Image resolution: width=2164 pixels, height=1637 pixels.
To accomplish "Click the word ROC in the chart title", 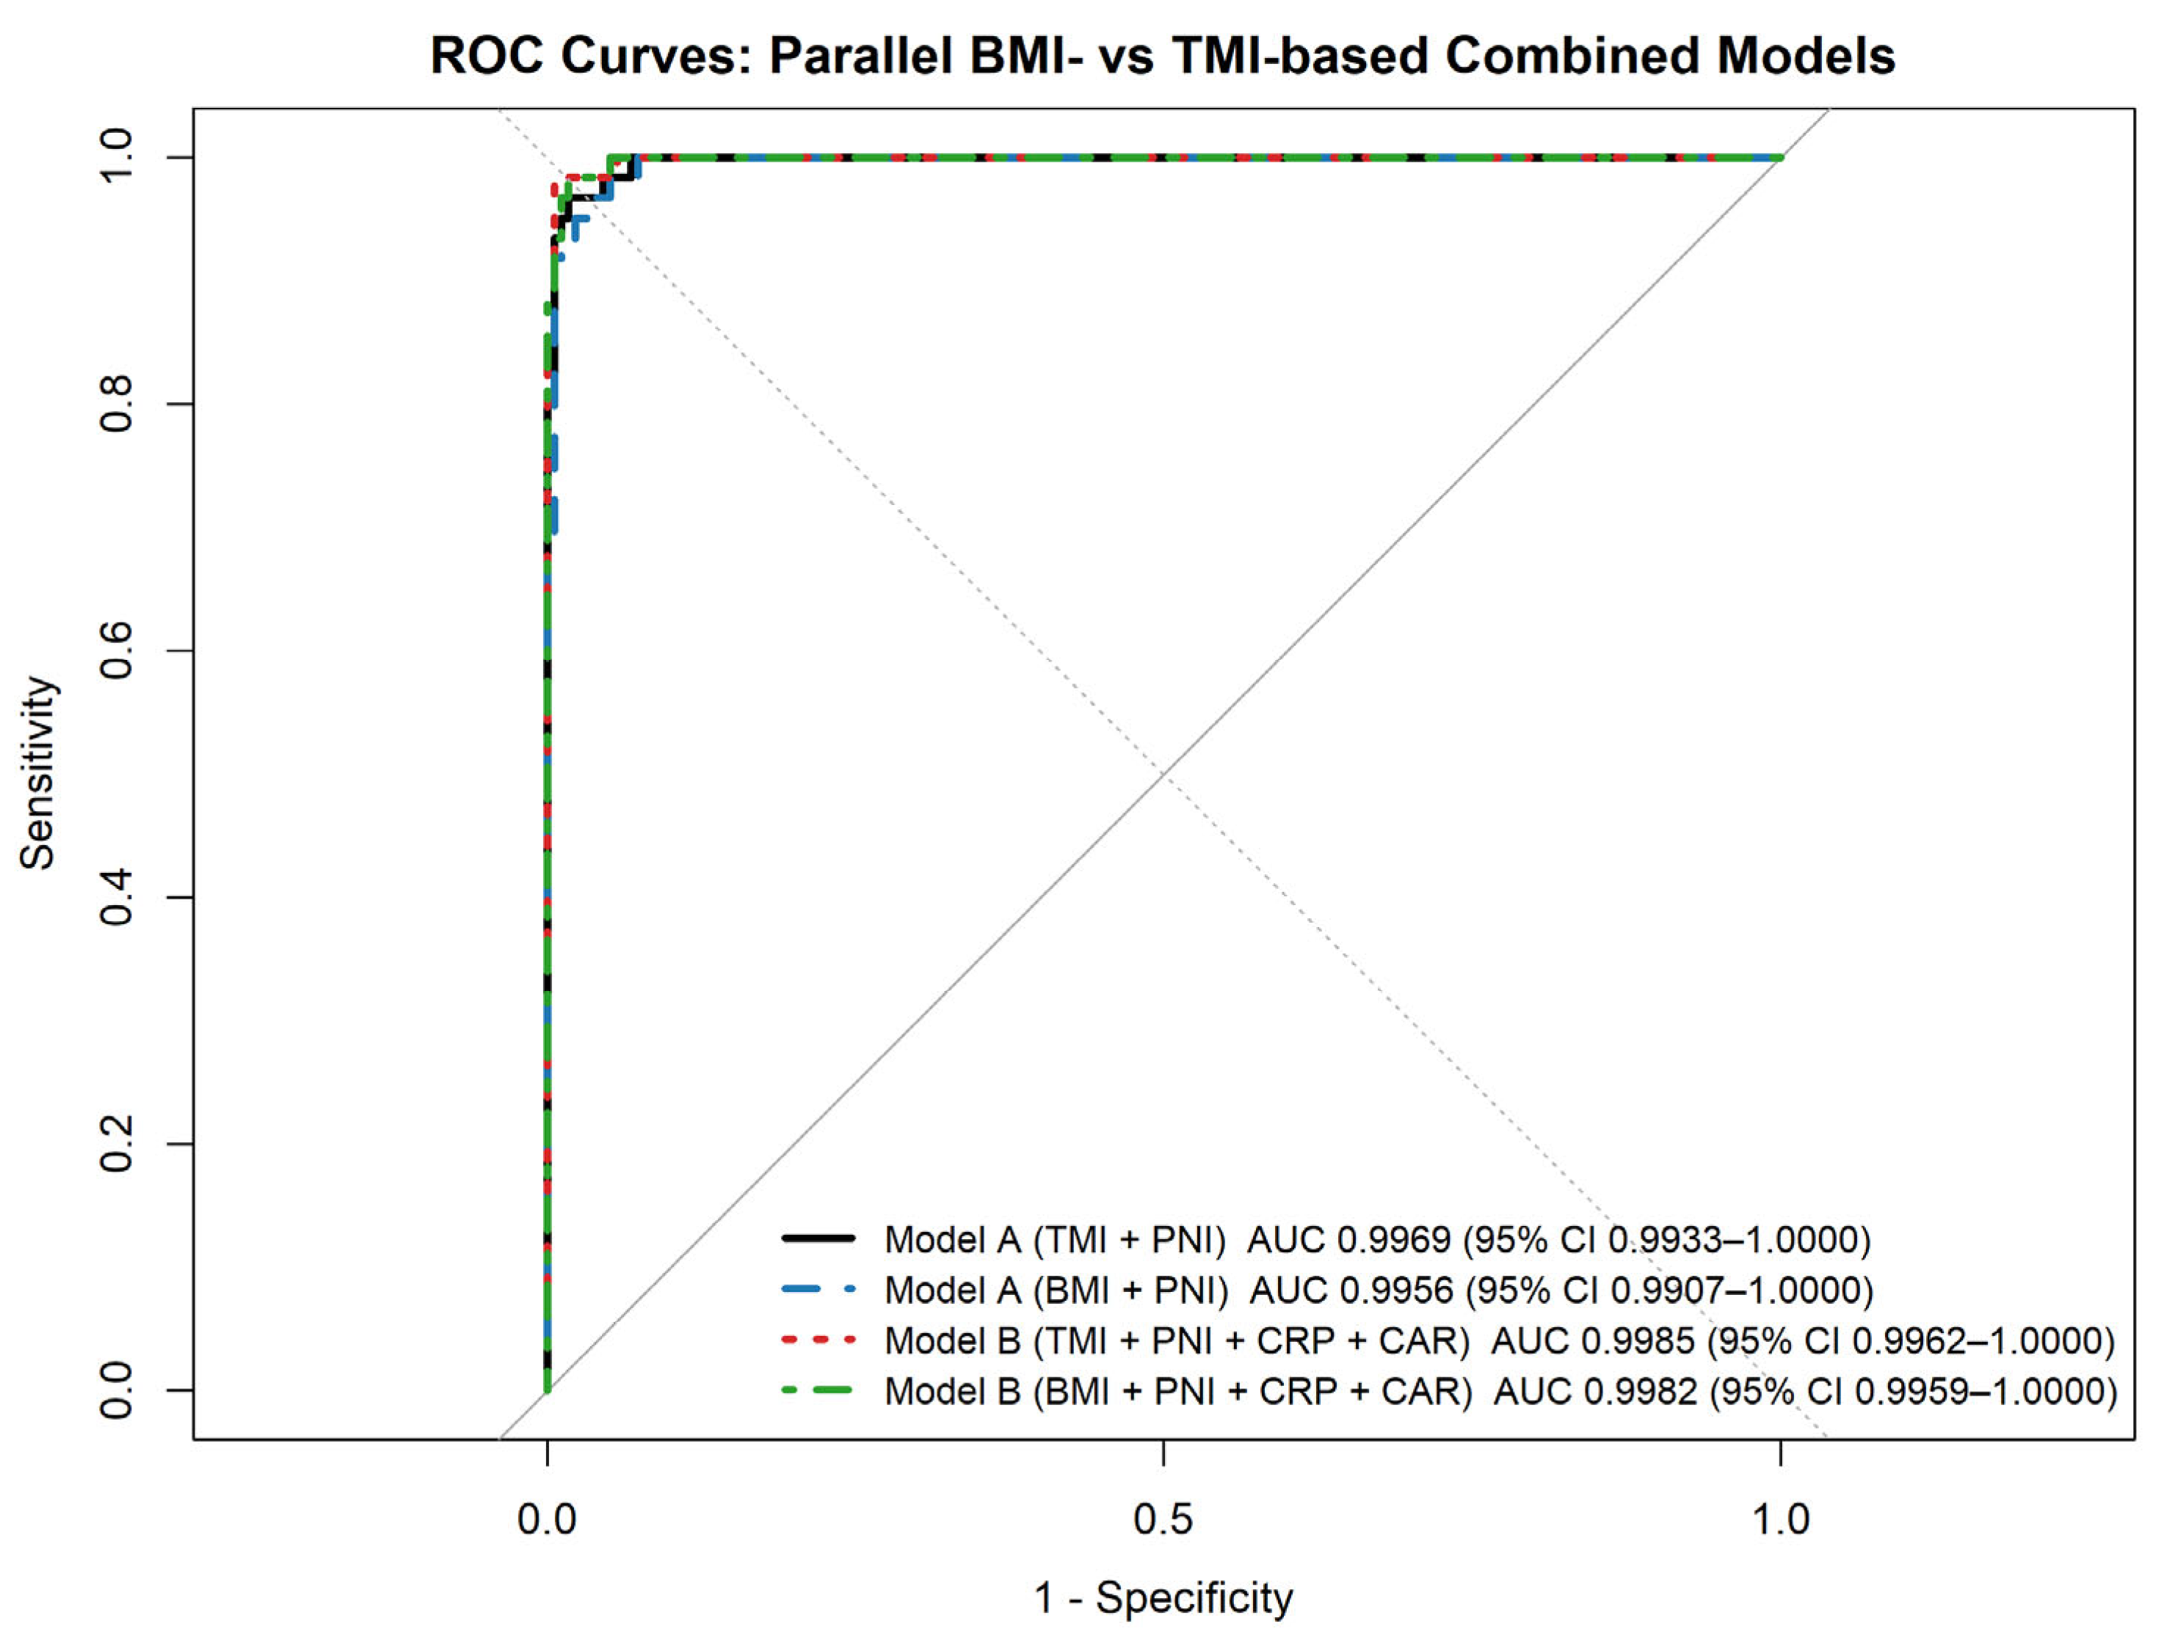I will pyautogui.click(x=486, y=56).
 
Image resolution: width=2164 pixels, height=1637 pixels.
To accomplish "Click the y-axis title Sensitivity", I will pyautogui.click(x=39, y=772).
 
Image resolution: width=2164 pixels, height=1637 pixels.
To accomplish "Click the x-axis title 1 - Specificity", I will pyautogui.click(x=1163, y=1598).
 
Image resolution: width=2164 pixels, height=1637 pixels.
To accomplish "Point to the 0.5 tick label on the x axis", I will pyautogui.click(x=1163, y=1519).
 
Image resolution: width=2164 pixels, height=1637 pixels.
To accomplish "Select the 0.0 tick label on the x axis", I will pyautogui.click(x=547, y=1519).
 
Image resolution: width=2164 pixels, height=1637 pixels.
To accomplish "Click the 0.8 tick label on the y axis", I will pyautogui.click(x=118, y=404).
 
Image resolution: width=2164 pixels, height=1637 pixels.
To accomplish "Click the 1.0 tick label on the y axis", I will pyautogui.click(x=118, y=158).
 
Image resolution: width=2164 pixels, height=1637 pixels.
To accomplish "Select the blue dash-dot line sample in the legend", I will pyautogui.click(x=818, y=1290).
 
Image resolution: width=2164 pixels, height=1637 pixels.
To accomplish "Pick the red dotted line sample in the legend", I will pyautogui.click(x=818, y=1340).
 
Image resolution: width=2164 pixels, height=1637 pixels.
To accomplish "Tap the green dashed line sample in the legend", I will pyautogui.click(x=818, y=1390).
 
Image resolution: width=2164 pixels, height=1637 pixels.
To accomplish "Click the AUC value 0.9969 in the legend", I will pyautogui.click(x=1393, y=1240).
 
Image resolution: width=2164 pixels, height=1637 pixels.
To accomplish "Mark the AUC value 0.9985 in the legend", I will pyautogui.click(x=1637, y=1340).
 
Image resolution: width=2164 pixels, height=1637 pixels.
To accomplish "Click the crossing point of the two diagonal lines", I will pyautogui.click(x=1163, y=774).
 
